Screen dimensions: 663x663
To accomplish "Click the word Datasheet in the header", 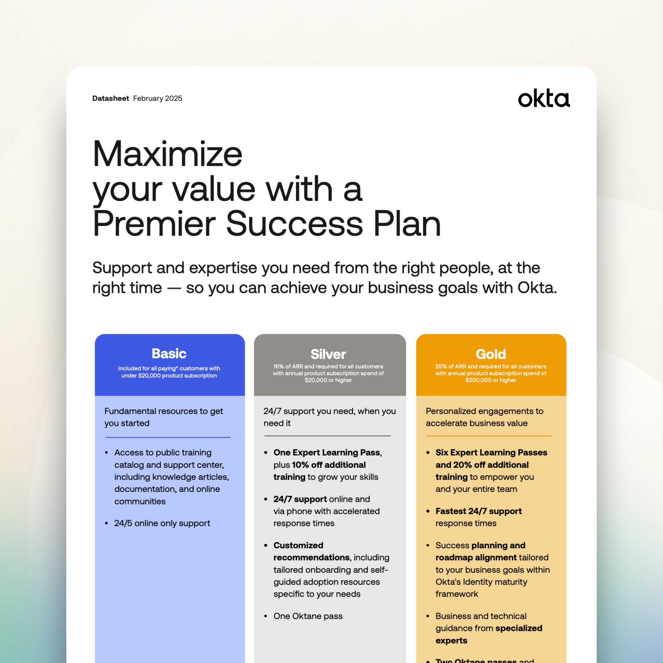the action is [110, 98].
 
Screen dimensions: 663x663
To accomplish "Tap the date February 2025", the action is [157, 98].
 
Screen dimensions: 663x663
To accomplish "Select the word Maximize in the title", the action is [167, 154].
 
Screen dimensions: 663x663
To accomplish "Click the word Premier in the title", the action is [154, 224].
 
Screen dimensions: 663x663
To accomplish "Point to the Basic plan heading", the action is [169, 353].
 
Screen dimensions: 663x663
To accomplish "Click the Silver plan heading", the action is [329, 354].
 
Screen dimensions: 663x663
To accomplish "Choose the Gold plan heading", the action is [491, 354].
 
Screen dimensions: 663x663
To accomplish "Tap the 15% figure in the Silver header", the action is [278, 367].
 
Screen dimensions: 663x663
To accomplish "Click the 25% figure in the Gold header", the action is [441, 367].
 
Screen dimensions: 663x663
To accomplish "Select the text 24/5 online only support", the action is [162, 523].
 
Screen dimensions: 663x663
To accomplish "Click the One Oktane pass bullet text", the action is [308, 616].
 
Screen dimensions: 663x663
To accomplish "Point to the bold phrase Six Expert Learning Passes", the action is [491, 452].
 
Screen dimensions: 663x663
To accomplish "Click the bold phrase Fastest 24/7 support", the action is [479, 511].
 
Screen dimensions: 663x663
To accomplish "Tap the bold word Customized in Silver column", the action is [298, 545].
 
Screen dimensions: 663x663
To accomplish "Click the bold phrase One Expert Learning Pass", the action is [327, 452].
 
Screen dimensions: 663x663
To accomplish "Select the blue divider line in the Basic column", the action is [168, 438].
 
